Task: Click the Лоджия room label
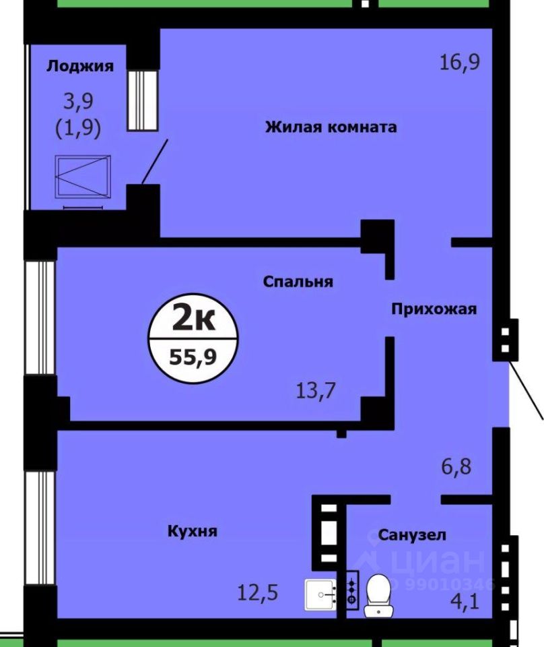click(79, 66)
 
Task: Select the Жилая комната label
click(331, 127)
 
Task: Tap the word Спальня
click(298, 282)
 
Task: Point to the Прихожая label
click(434, 309)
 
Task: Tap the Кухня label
click(193, 531)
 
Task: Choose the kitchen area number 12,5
click(258, 593)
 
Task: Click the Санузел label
click(412, 535)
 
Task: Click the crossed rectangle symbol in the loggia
click(83, 177)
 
